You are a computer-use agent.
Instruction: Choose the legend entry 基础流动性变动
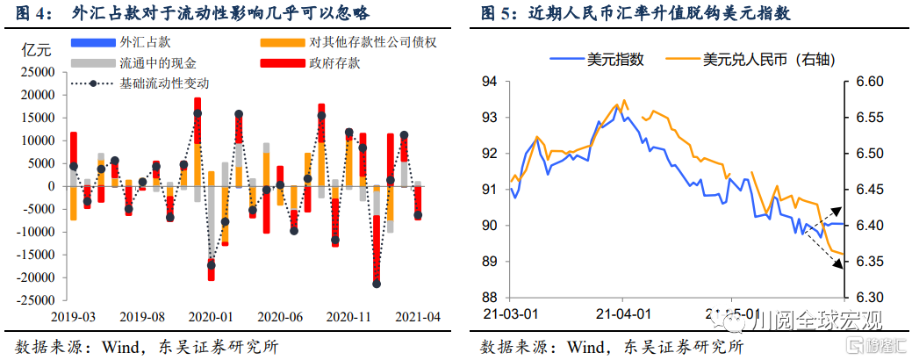click(164, 83)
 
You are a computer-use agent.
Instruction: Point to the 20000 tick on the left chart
click(39, 95)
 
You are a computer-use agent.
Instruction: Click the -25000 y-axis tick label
click(36, 300)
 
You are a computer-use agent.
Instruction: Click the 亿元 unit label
click(35, 49)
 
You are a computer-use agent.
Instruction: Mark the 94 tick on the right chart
click(490, 82)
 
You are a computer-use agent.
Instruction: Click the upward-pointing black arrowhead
click(837, 211)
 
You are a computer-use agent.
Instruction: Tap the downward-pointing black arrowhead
click(837, 265)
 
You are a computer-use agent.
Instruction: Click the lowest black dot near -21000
click(377, 284)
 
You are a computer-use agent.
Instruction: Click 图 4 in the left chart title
click(32, 13)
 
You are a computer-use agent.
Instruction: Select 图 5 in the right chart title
click(497, 13)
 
